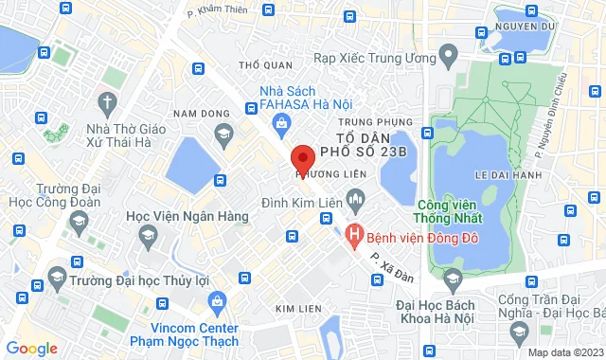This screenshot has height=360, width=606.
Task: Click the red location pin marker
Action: [x=302, y=159]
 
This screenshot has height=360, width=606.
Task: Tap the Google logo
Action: [x=31, y=348]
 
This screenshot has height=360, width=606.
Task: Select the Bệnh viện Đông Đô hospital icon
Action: [x=355, y=232]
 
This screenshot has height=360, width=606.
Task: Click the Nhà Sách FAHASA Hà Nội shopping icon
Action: [x=282, y=122]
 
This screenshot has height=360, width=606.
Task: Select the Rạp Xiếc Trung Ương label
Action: [x=380, y=59]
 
